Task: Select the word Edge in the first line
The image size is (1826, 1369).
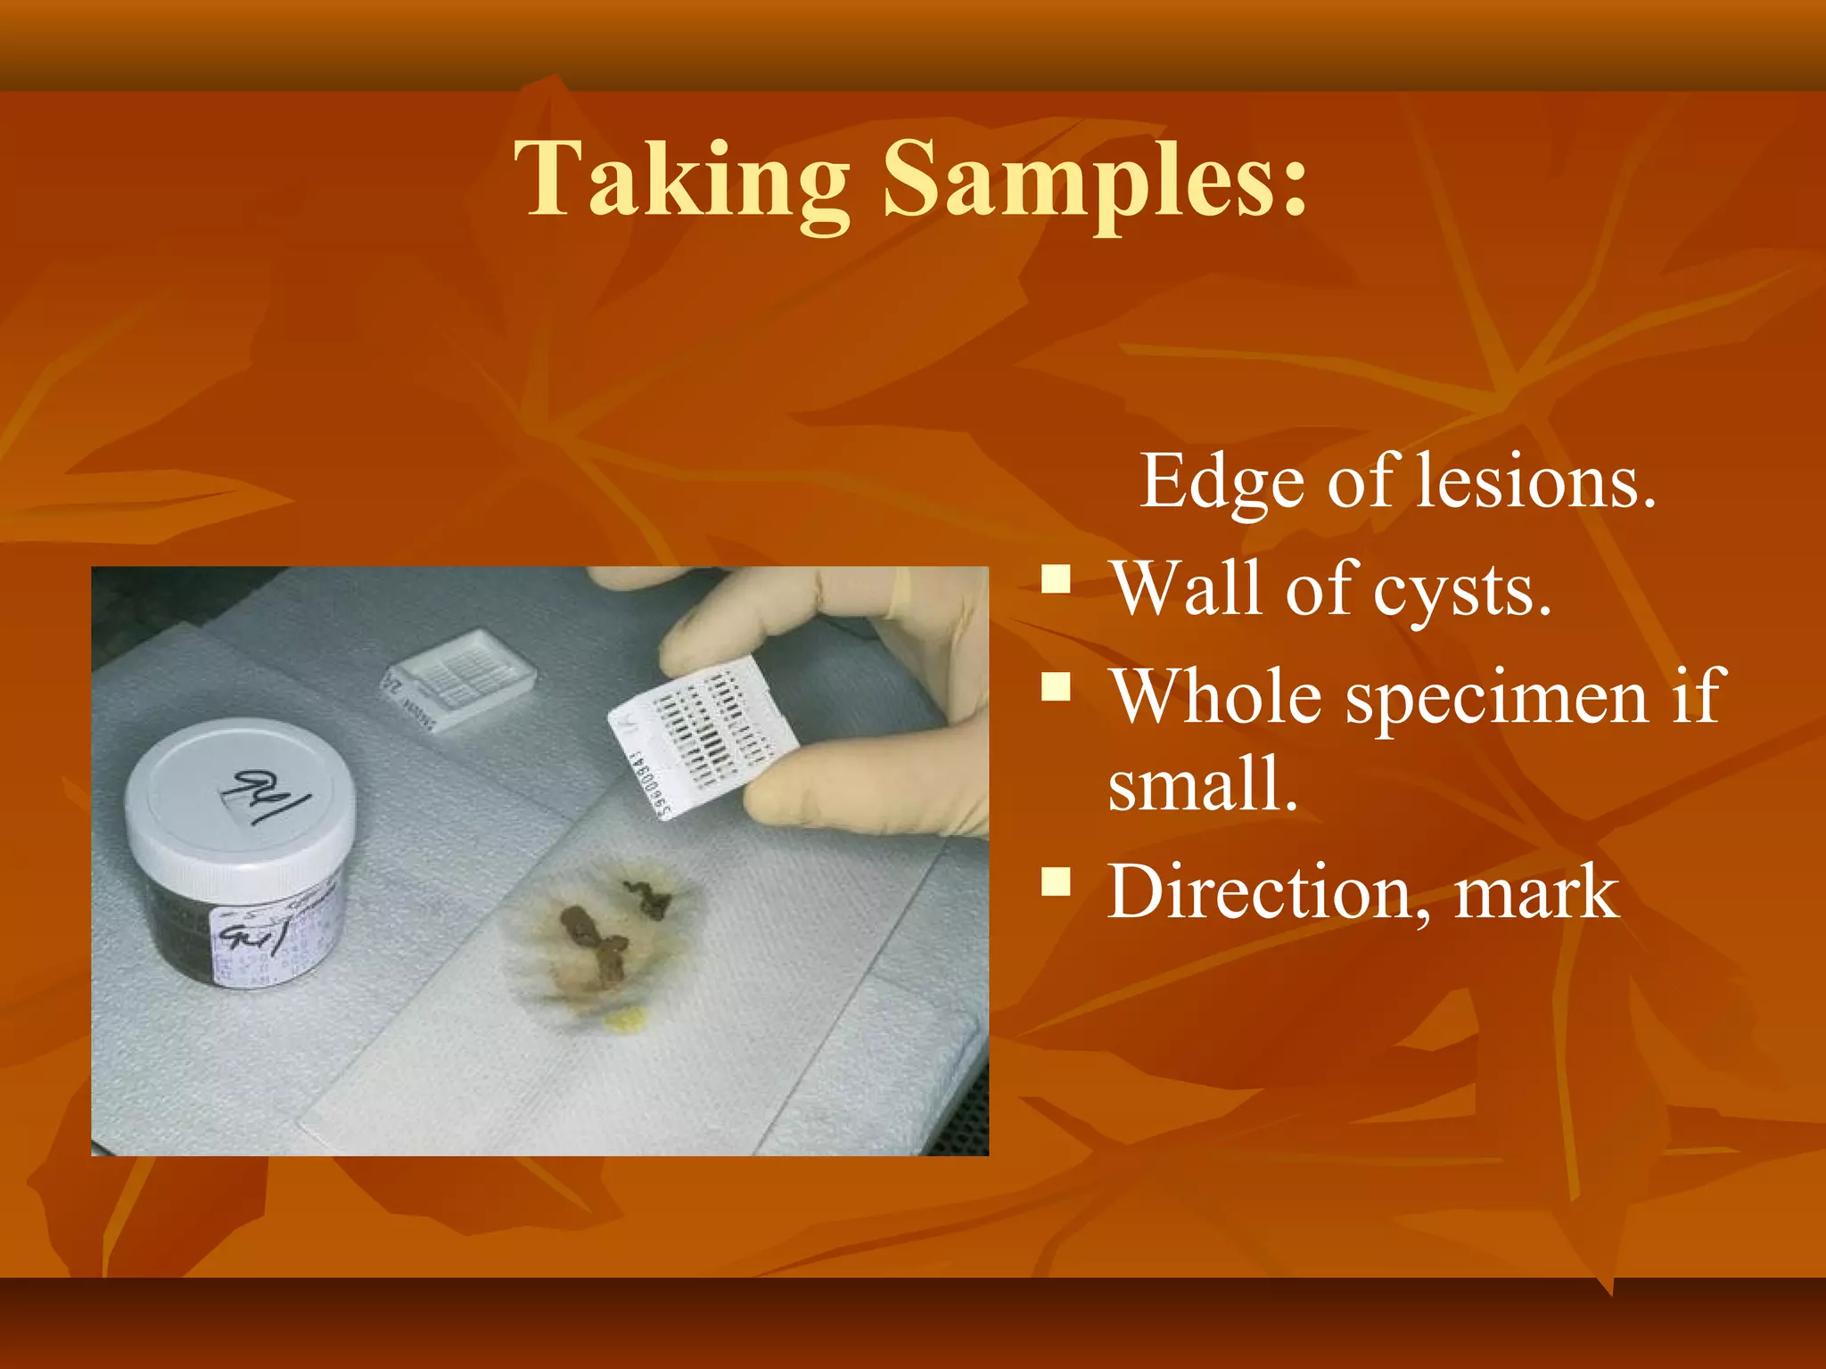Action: point(1222,481)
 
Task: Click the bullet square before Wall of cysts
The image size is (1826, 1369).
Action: point(1057,579)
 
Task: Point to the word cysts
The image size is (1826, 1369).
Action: point(1462,590)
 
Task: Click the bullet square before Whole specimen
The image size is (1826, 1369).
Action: point(1057,687)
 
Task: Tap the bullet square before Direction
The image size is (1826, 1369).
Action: point(1057,881)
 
